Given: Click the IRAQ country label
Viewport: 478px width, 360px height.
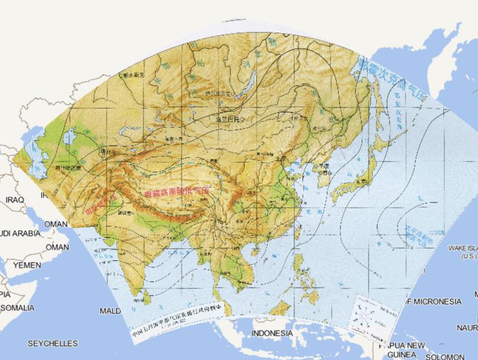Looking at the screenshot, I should pos(13,199).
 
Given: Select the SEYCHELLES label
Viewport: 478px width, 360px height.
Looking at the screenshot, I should pos(52,343).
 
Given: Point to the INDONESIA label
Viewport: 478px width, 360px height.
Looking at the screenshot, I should pos(271,333).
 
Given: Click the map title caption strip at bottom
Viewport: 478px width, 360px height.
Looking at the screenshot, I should pos(180,317).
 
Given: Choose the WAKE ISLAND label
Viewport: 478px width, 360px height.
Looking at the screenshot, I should pos(461,252).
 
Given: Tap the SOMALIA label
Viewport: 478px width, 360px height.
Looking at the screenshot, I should pos(19,308).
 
